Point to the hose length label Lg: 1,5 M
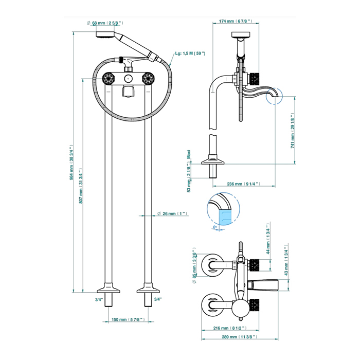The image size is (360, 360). pos(190,53)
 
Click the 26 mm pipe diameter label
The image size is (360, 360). pos(172,214)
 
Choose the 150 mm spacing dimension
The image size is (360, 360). pos(128,319)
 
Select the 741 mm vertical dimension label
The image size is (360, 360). pos(293,131)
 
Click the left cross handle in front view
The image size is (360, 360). pos(109,79)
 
